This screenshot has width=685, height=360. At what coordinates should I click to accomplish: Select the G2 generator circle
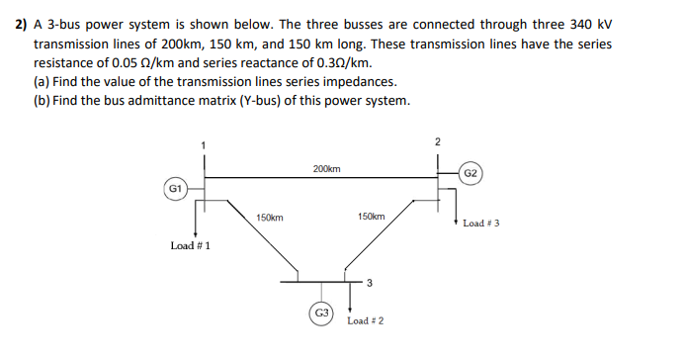[471, 174]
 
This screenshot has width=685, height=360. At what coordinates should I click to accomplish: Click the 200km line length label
[327, 169]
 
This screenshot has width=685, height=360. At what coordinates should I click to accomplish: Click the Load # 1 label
[190, 244]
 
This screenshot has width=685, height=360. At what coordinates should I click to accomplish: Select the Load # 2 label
[366, 320]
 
